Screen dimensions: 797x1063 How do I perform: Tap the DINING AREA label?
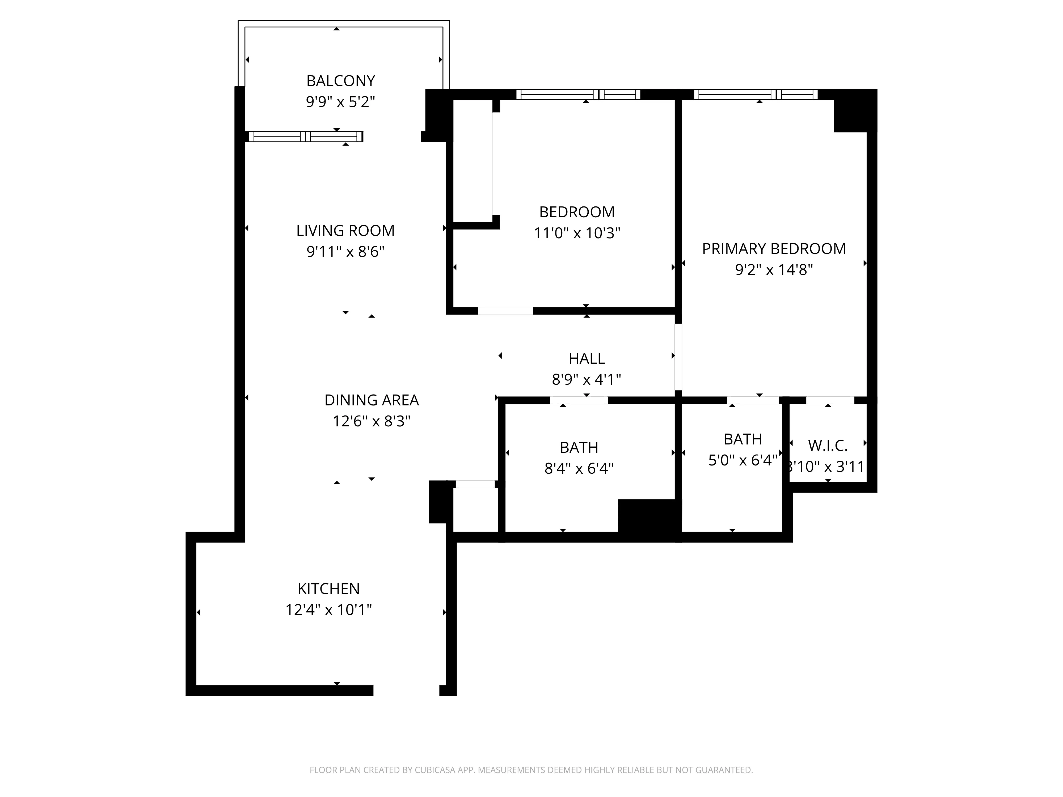pos(372,400)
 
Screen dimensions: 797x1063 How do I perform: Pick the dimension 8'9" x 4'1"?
pos(586,380)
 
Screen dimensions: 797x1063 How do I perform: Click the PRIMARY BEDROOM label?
pos(774,249)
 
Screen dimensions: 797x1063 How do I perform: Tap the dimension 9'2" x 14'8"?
pos(774,270)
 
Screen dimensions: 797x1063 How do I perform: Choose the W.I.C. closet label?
pos(828,446)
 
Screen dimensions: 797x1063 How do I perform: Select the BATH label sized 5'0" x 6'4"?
pos(743,439)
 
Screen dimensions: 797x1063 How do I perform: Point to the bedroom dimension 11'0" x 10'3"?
pos(577,233)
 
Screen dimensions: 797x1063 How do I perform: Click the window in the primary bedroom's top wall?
pos(756,95)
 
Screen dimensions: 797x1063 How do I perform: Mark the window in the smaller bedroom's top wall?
pos(578,95)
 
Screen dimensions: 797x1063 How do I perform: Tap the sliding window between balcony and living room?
pos(306,137)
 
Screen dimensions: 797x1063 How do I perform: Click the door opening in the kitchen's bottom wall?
pos(406,690)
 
